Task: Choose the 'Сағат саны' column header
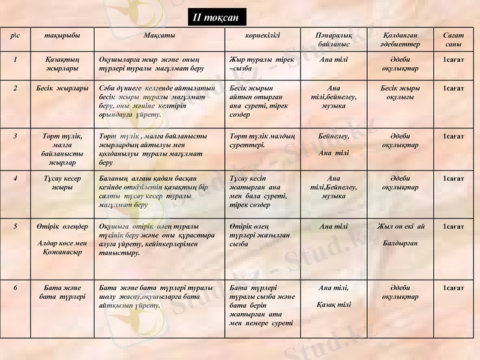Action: click(x=454, y=40)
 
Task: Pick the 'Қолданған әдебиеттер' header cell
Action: click(x=400, y=40)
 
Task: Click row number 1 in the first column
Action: click(x=15, y=59)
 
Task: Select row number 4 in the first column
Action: click(x=15, y=178)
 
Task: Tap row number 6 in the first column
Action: click(x=15, y=288)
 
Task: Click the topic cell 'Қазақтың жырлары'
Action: click(x=62, y=64)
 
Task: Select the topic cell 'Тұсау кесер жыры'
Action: click(x=62, y=182)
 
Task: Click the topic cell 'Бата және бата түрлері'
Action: click(x=62, y=292)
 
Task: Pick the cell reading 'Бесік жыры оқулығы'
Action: click(x=400, y=92)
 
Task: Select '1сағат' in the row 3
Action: click(x=454, y=136)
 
